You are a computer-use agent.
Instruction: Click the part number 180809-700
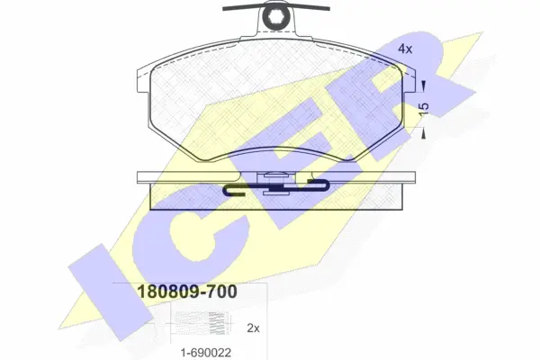coord(187,292)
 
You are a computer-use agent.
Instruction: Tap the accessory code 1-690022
coord(206,353)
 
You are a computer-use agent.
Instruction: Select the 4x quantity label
coord(405,49)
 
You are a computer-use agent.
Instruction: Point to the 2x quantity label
coord(253,328)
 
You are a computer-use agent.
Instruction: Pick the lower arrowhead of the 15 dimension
coord(424,133)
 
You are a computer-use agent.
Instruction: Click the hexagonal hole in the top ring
coord(276,16)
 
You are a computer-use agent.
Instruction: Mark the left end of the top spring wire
coord(223,9)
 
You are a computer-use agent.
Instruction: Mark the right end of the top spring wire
coord(328,9)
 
